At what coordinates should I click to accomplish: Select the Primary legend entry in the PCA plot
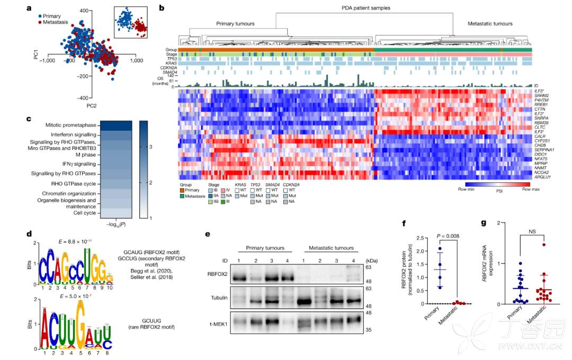[56, 16]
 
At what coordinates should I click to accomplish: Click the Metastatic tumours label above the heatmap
[490, 24]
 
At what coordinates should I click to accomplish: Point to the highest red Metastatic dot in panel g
[543, 245]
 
